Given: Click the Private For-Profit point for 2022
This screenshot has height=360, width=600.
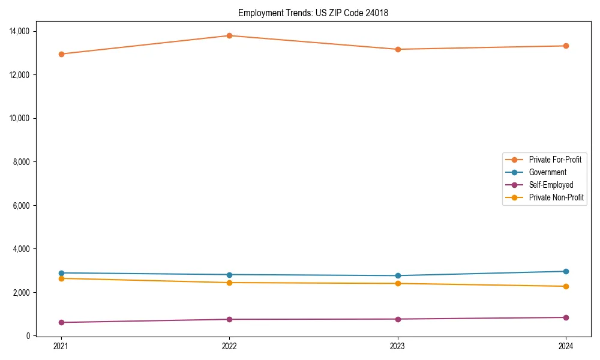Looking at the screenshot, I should coord(229,35).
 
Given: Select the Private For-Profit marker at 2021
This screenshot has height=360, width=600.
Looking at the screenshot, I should coord(61,54).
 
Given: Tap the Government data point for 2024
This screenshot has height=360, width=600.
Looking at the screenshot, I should coord(566,271).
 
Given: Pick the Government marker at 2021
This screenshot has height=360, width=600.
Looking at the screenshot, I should coord(61,273).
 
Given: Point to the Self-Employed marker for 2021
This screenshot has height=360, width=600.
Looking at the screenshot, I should coord(61,322).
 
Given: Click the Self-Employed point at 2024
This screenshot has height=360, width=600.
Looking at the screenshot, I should coord(566,317).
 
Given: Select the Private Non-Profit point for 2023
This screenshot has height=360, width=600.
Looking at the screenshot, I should coord(398,283).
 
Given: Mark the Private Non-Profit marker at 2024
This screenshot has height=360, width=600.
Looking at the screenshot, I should coord(566,286).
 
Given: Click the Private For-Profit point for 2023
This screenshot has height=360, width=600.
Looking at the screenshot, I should coord(398,49).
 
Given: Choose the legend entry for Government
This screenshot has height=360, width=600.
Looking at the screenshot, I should coord(547,172).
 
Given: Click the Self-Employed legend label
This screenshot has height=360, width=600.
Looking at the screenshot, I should coord(551,185).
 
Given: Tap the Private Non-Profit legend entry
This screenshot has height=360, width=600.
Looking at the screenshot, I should coord(556,197).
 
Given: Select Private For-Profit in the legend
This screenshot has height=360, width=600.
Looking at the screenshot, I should coord(554,160).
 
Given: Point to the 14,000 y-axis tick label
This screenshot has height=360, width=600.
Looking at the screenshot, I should coord(21,31).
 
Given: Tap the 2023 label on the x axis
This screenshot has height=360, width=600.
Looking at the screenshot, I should coord(398,346).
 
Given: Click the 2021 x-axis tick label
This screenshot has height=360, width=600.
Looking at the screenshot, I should coord(61,346).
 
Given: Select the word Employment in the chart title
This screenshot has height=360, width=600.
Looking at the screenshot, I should coord(258,13).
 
